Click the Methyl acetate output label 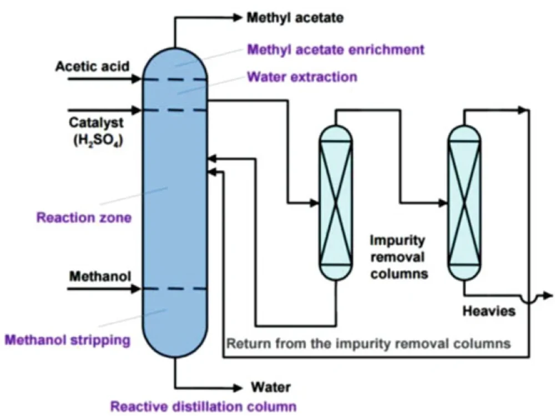295,18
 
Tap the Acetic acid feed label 92,67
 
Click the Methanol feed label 95,275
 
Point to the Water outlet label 270,387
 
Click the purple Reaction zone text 84,217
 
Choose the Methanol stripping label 67,339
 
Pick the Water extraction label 302,77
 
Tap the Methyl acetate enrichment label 335,49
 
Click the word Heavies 489,311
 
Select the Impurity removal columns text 398,257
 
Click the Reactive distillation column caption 203,406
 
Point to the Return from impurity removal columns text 368,343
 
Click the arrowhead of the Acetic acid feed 137,80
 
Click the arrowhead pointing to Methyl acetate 239,18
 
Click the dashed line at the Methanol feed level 175,289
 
